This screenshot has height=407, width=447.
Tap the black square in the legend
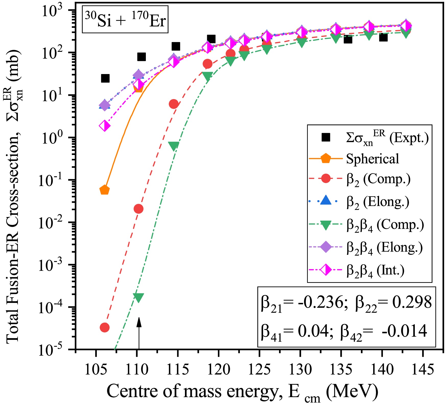pyautogui.click(x=326, y=137)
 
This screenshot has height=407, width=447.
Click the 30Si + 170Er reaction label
pyautogui.click(x=125, y=20)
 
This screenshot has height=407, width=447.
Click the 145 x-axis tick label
pyautogui.click(x=423, y=370)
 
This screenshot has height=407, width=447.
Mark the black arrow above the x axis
pyautogui.click(x=139, y=332)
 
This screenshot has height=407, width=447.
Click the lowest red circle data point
pyautogui.click(x=104, y=327)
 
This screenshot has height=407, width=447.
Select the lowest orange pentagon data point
pyautogui.click(x=104, y=190)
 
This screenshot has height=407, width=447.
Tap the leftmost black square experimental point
pyautogui.click(x=105, y=78)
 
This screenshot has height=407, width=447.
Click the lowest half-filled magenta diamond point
pyautogui.click(x=104, y=126)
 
